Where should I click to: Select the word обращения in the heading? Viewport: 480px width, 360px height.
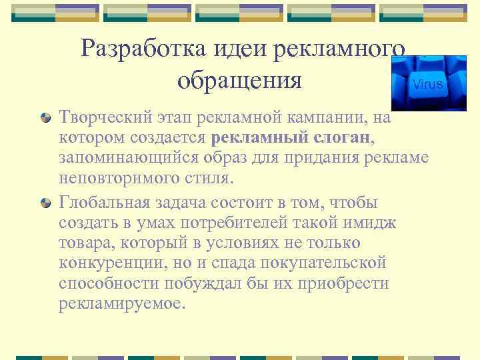tap(240, 81)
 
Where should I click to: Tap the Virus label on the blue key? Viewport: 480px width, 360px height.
tap(427, 85)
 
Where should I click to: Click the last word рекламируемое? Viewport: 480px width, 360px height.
tap(119, 304)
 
